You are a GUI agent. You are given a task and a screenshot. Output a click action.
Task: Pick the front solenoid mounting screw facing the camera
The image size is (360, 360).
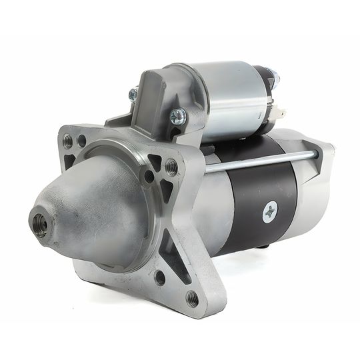[x=178, y=117]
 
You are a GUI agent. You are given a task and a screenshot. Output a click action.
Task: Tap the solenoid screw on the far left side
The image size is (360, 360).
[x=133, y=95]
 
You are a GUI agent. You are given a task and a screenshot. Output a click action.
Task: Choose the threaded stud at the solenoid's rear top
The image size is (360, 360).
[x=274, y=77]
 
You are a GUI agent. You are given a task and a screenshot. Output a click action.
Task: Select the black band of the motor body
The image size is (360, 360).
[x=267, y=193]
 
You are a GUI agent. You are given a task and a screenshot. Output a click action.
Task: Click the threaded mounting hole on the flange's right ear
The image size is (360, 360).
[x=171, y=167]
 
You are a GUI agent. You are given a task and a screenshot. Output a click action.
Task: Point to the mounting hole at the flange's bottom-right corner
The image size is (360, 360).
[x=191, y=297]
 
